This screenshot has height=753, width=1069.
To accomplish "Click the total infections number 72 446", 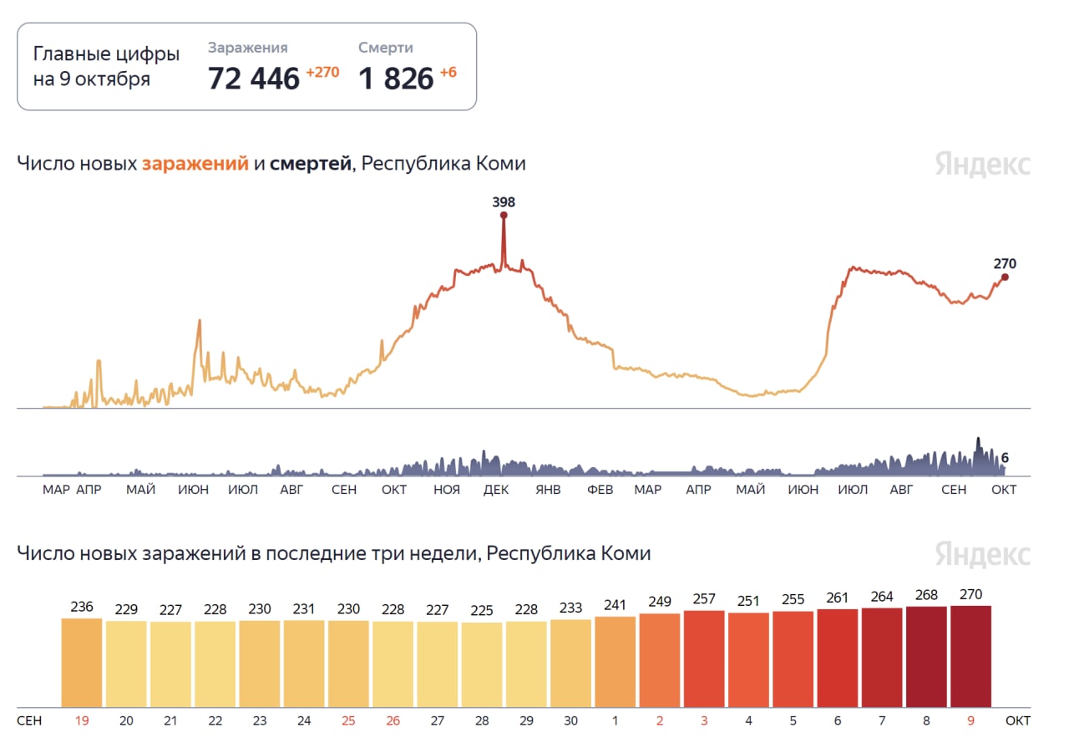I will tap(253, 79).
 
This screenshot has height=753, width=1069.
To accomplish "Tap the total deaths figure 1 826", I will tap(396, 79).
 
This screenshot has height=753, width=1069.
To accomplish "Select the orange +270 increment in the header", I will tap(322, 72).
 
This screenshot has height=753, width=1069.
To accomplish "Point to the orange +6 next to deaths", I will tap(448, 72).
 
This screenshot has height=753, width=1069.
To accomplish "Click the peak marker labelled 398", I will tap(504, 216).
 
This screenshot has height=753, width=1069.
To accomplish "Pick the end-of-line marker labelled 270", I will tap(1005, 277).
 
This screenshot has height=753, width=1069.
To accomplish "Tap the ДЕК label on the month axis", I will tap(496, 490).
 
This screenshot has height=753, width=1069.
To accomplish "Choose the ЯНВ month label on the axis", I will tap(548, 490).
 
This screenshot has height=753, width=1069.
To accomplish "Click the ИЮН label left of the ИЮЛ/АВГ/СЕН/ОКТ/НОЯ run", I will tap(193, 490).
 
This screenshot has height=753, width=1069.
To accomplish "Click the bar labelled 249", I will tap(660, 660).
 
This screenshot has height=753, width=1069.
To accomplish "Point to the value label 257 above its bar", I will tap(704, 599).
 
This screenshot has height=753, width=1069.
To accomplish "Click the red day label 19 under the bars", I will tap(82, 719).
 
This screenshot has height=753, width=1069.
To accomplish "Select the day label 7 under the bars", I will tap(882, 719).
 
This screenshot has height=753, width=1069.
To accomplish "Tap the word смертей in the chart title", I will tap(310, 164).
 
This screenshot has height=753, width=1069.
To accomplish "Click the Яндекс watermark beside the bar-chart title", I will tap(982, 554).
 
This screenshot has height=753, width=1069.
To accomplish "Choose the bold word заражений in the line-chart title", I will tap(195, 164).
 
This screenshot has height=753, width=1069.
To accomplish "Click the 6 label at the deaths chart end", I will tap(1005, 458).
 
